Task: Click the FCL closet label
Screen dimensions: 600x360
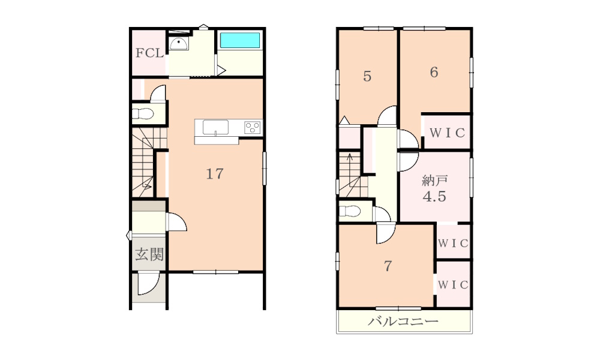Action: tap(149, 53)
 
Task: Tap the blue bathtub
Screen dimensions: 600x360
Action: tap(240, 40)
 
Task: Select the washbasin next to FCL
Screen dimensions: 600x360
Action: tap(179, 44)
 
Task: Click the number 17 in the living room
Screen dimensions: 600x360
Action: tap(215, 174)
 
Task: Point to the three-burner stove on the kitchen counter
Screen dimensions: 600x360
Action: tap(252, 127)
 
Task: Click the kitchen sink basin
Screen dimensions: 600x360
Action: tap(215, 127)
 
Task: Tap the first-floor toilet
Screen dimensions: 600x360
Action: tap(143, 113)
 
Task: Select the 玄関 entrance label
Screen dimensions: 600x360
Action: tap(149, 254)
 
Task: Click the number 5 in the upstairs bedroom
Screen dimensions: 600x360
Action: tap(367, 77)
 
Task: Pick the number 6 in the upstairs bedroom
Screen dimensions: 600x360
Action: tap(434, 72)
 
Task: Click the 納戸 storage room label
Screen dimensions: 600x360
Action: tap(434, 180)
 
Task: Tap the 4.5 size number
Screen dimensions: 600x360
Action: tap(434, 197)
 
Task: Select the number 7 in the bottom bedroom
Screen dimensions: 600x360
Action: tap(388, 266)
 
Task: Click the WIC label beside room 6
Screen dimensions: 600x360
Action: tap(448, 133)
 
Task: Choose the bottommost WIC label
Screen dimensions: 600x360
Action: tap(453, 284)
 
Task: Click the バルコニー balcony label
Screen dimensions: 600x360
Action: tap(403, 321)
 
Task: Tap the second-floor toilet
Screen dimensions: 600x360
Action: tap(350, 211)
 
